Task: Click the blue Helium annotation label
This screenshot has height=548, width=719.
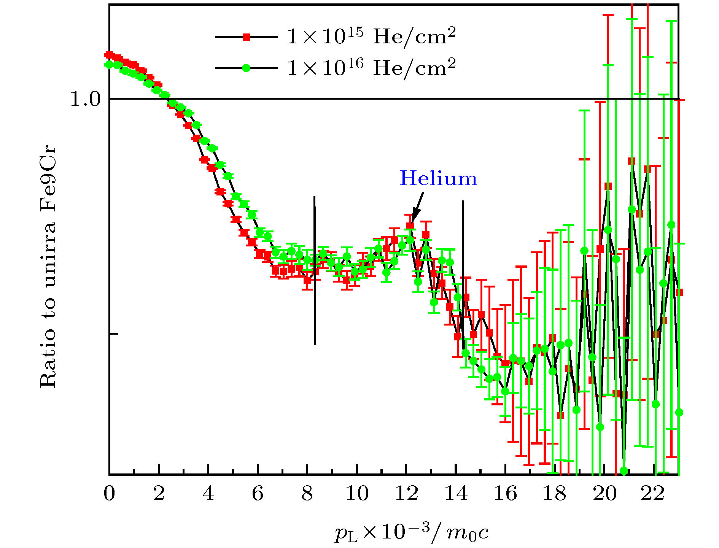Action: [x=438, y=179]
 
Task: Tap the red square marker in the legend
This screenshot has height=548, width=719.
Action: [x=246, y=37]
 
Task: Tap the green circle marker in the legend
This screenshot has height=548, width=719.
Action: [x=246, y=68]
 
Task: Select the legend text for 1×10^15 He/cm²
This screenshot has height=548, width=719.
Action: [x=371, y=37]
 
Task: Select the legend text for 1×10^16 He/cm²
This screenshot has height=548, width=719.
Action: [x=371, y=68]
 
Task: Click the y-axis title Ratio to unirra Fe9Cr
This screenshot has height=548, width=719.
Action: [x=48, y=266]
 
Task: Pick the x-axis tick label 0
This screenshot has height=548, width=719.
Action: [x=109, y=494]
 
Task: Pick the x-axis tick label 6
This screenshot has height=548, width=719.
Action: [x=258, y=494]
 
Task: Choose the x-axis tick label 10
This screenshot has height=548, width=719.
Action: [x=357, y=494]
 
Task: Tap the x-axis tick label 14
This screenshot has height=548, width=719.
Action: [x=456, y=494]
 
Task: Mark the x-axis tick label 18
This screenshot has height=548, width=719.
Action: [x=555, y=494]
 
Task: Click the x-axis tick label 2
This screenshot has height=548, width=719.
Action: [x=159, y=494]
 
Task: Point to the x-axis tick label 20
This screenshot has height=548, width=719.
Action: [x=604, y=494]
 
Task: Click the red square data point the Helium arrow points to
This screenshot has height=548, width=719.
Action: [x=410, y=226]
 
